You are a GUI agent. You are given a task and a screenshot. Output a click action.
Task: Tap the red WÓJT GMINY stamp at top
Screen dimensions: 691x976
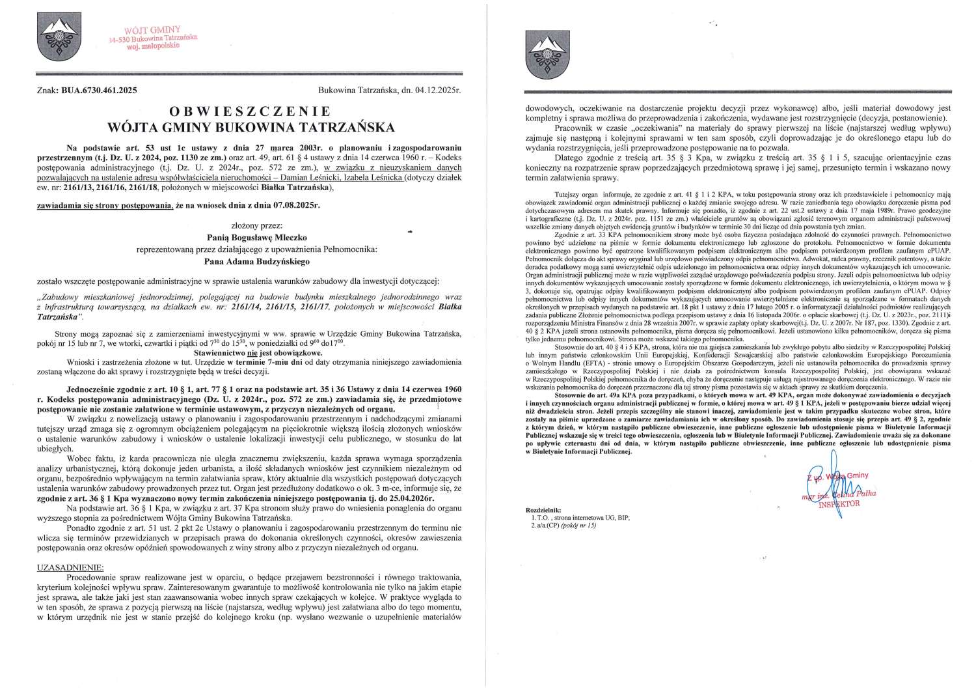(x=154, y=39)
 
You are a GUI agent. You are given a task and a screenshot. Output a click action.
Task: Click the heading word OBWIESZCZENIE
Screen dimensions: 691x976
(x=249, y=111)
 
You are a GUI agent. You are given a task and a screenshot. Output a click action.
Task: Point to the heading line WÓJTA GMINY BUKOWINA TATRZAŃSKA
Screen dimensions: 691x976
(x=249, y=126)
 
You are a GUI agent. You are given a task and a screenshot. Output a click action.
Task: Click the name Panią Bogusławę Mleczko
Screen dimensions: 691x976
(x=249, y=238)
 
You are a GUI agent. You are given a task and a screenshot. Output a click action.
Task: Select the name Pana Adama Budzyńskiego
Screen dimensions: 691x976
(x=249, y=262)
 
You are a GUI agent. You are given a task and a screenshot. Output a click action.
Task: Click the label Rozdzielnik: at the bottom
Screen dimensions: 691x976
(x=541, y=509)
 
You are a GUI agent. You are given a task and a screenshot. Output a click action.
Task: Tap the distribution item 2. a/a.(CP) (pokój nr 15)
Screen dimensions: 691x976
(x=563, y=524)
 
